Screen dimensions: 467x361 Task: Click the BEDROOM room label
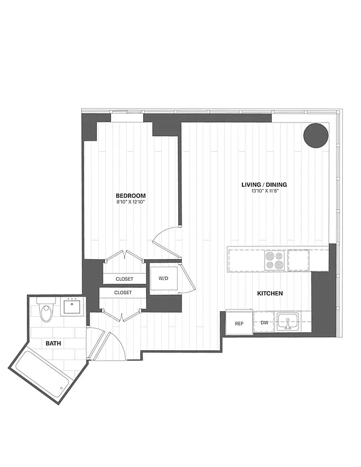130,196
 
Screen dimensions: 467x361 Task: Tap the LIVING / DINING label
264,185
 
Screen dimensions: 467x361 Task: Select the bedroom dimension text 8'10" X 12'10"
130,202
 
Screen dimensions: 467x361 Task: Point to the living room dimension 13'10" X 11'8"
264,191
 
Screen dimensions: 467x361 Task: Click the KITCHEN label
270,293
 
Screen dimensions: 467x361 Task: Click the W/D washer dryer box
164,278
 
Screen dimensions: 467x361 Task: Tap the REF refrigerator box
239,323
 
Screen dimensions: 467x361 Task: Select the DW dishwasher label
264,322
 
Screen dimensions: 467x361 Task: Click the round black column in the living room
315,135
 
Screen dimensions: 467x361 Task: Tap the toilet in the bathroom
46,312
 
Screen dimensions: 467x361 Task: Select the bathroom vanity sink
74,306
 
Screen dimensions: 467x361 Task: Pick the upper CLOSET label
123,279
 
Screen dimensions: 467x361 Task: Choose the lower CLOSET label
123,292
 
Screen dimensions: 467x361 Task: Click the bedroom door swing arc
165,241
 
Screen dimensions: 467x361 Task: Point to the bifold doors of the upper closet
124,256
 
